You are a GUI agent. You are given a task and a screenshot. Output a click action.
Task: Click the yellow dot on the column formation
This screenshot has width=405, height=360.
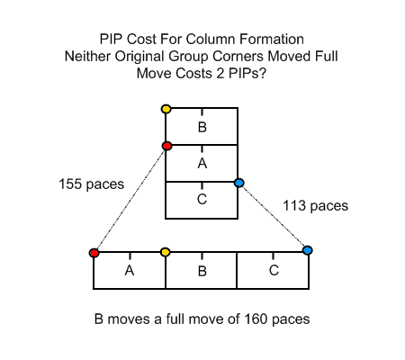click(166, 109)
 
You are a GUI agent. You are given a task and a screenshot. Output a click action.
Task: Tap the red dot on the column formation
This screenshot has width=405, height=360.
click(166, 146)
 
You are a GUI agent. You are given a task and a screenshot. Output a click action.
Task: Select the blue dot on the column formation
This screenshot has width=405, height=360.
click(239, 183)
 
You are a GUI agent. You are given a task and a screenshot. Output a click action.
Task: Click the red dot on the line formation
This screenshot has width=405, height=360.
click(94, 253)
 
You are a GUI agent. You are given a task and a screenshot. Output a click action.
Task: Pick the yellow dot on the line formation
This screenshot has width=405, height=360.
click(166, 252)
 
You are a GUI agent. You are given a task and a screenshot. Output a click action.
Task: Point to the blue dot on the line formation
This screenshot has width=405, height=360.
click(308, 250)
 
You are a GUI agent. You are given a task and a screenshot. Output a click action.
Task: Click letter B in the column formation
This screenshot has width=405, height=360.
click(202, 127)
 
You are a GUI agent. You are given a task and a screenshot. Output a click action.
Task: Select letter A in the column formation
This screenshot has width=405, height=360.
click(202, 164)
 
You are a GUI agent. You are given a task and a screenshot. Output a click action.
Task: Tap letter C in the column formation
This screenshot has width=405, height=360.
click(202, 199)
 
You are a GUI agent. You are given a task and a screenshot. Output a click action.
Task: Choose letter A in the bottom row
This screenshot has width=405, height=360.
click(130, 271)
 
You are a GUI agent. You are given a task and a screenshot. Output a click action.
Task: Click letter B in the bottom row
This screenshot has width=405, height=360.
click(202, 271)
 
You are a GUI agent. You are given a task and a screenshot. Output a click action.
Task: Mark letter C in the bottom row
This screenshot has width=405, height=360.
click(274, 270)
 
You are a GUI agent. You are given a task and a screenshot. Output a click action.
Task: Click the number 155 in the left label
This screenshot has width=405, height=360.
click(70, 184)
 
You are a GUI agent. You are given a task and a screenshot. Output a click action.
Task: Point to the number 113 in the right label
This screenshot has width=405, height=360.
click(294, 206)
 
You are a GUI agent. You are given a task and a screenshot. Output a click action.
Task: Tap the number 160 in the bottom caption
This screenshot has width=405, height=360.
click(256, 319)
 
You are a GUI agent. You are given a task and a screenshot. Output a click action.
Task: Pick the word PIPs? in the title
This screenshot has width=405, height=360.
click(247, 73)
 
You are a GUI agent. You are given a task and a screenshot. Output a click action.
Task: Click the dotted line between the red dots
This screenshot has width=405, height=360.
click(130, 200)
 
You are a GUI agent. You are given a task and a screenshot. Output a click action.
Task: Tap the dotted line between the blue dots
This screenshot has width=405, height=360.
click(274, 216)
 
